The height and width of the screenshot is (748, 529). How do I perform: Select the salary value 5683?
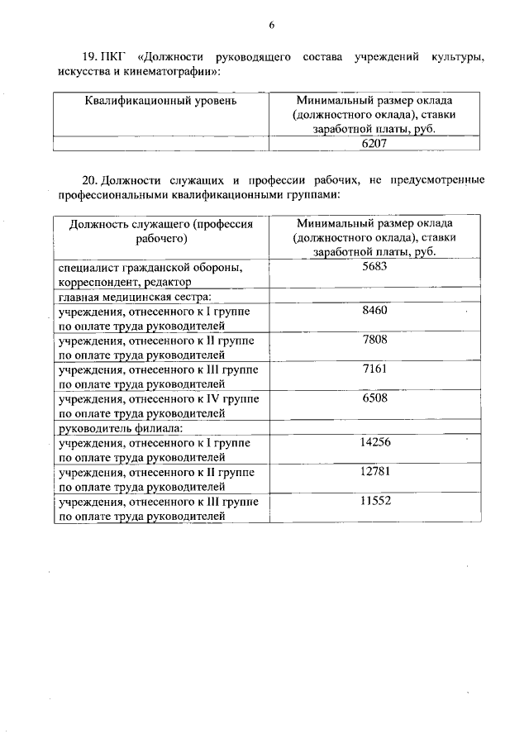click(x=374, y=267)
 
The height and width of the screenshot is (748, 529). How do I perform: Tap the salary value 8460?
click(x=374, y=310)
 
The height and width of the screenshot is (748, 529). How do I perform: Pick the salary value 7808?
click(x=374, y=339)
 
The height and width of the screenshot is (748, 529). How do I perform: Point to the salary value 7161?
click(x=374, y=369)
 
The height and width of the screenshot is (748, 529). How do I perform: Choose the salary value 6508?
click(x=374, y=398)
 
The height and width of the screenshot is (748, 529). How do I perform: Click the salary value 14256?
click(x=374, y=442)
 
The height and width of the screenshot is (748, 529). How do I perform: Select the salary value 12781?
click(x=374, y=471)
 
